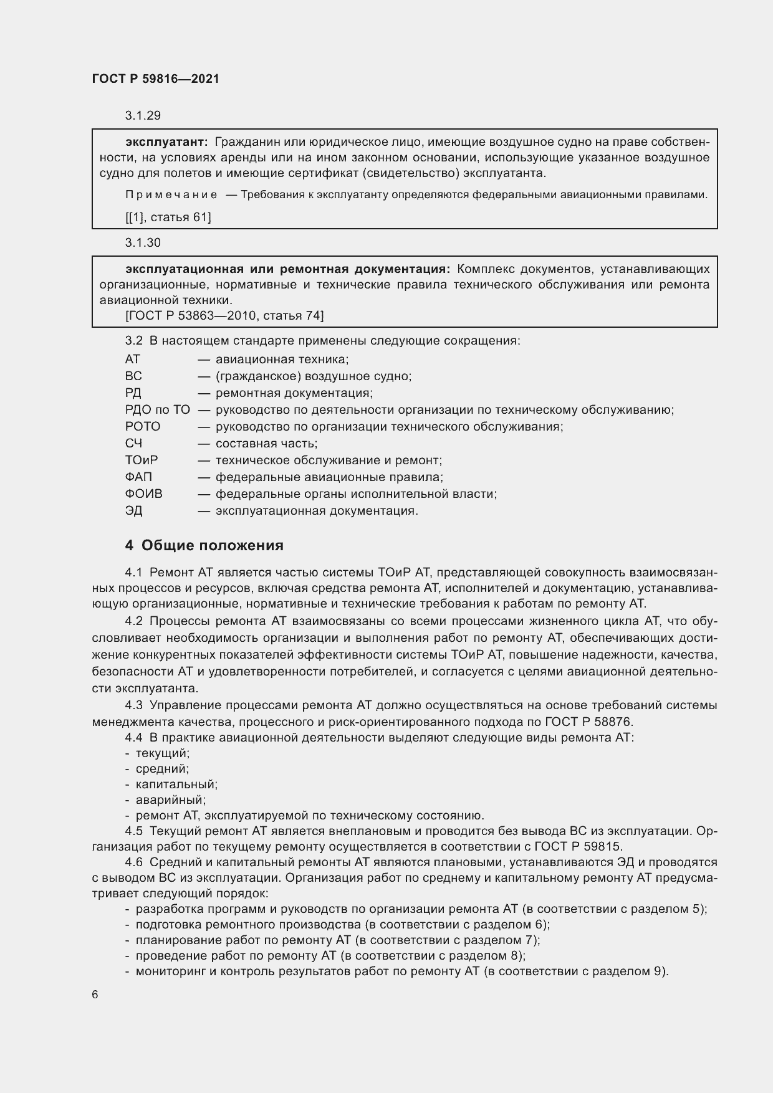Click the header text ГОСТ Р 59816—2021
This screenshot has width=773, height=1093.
[155, 79]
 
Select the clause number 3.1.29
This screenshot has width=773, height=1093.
[143, 115]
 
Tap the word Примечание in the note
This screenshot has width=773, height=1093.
[171, 195]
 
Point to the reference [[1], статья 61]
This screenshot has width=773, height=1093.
[168, 217]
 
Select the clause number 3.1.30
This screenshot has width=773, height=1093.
[143, 243]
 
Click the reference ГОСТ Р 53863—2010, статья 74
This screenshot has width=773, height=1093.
[224, 316]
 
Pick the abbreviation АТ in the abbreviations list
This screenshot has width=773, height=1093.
[133, 360]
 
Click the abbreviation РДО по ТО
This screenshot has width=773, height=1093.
[157, 410]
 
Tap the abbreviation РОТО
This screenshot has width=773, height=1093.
[143, 427]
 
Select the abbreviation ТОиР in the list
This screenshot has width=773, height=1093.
[142, 461]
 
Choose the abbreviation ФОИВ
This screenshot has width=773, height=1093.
[143, 494]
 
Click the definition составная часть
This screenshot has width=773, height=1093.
[266, 444]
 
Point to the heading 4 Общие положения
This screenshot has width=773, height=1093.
[204, 545]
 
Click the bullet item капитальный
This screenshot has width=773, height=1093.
[176, 785]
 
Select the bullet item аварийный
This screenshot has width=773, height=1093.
[170, 800]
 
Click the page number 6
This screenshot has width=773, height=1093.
[95, 995]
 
